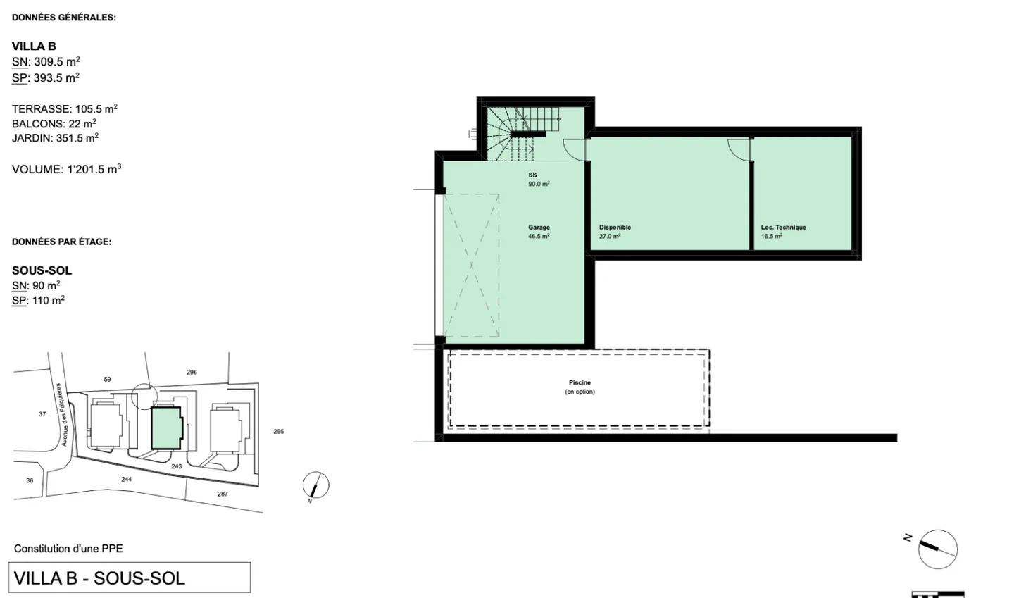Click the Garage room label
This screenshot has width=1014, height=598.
tap(539, 228)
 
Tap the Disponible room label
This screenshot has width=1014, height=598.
tap(615, 228)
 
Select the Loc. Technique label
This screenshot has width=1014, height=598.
tap(783, 228)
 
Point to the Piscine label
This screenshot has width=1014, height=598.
tap(580, 382)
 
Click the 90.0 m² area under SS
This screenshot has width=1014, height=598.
tap(539, 184)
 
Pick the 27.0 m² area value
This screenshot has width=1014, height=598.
tap(610, 236)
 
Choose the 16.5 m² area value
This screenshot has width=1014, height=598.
tap(771, 236)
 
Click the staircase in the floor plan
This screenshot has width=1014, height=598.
tap(520, 133)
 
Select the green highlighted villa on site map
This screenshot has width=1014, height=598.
tap(166, 428)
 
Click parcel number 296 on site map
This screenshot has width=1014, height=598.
tap(192, 372)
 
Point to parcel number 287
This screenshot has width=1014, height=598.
tap(223, 494)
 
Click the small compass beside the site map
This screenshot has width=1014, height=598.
tap(315, 485)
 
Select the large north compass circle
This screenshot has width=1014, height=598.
tap(938, 549)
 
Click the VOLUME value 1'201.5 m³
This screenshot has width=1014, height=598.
tap(94, 169)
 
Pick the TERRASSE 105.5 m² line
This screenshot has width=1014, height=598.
tap(65, 109)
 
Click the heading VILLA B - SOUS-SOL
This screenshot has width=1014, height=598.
tap(99, 578)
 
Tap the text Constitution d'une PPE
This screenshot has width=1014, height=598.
tap(68, 549)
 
